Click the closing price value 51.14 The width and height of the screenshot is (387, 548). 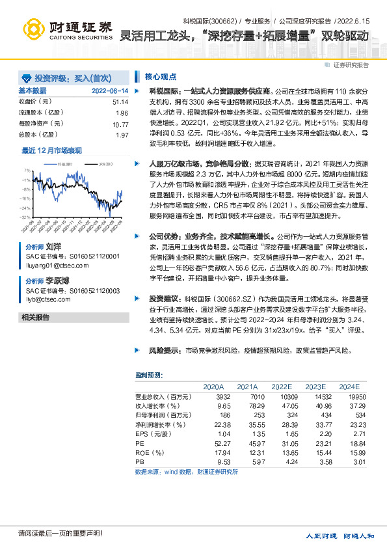(x=120, y=102)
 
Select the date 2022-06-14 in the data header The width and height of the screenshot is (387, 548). (x=110, y=91)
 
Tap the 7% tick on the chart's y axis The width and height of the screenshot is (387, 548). (x=27, y=171)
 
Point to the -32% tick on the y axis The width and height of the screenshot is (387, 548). (x=25, y=216)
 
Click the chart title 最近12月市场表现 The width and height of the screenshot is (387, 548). (x=52, y=150)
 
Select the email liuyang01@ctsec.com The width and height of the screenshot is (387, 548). (x=52, y=265)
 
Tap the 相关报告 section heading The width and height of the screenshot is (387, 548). (x=35, y=318)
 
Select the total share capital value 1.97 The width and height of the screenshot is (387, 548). (x=122, y=135)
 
